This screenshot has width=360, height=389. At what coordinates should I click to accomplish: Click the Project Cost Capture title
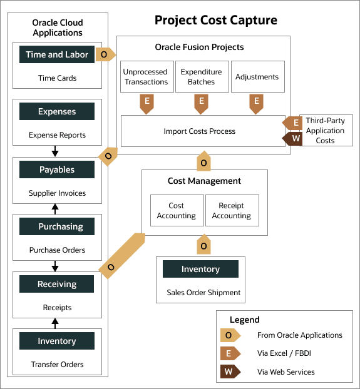[x=216, y=21]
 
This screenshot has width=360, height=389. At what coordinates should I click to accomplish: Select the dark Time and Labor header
[x=57, y=54]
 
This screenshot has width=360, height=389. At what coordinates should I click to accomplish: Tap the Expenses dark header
[x=57, y=112]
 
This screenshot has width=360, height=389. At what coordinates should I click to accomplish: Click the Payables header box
[x=57, y=169]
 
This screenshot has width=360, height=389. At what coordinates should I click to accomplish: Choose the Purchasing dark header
[x=57, y=227]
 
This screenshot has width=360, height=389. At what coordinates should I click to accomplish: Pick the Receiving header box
[x=57, y=284]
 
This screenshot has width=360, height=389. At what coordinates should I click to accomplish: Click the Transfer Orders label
[x=57, y=364]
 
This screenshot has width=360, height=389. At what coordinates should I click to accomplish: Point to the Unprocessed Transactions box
[x=146, y=77]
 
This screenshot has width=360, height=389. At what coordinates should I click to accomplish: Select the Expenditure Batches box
[x=201, y=77]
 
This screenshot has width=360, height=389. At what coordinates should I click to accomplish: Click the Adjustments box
[x=257, y=77]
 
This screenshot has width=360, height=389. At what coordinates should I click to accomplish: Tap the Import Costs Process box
[x=200, y=131]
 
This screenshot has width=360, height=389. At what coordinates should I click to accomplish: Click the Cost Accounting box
[x=177, y=211]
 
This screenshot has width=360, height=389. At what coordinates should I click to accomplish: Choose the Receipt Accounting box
[x=231, y=211]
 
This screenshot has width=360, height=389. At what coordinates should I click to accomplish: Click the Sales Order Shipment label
[x=203, y=292]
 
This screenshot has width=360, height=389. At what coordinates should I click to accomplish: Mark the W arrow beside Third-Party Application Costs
[x=294, y=139]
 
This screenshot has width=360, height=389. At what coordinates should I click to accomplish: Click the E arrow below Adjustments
[x=256, y=103]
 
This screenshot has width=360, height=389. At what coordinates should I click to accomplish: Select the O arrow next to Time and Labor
[x=105, y=54]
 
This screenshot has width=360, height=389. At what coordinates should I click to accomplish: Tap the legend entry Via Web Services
[x=285, y=372]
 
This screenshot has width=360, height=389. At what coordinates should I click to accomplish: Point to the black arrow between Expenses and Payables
[x=55, y=151]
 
